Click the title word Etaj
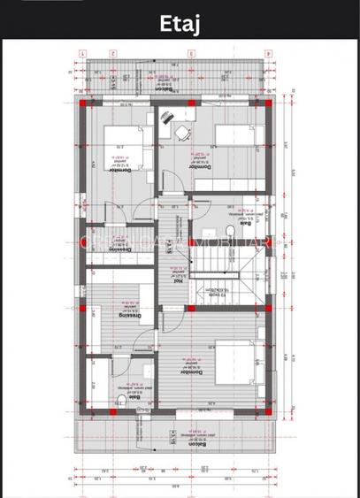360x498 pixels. pyautogui.click(x=180, y=23)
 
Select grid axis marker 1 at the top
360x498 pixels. pyautogui.click(x=81, y=53)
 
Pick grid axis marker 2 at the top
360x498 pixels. pyautogui.click(x=113, y=53)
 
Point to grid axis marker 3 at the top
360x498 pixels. pyautogui.click(x=190, y=53)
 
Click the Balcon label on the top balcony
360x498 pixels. pyautogui.click(x=163, y=88)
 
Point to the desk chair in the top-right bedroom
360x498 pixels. pyautogui.click(x=182, y=133)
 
